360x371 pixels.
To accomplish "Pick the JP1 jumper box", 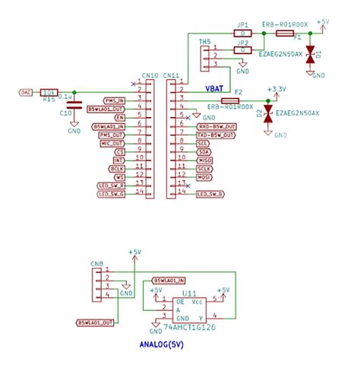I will [x=243, y=34].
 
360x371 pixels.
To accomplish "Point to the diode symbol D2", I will [x=268, y=113].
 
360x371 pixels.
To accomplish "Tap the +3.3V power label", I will [x=277, y=89].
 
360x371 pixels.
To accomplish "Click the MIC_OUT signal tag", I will [x=112, y=143].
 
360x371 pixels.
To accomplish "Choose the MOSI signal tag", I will [x=204, y=177].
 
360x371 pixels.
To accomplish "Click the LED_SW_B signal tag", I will [x=210, y=194].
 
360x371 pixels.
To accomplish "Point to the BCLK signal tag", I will [x=118, y=168].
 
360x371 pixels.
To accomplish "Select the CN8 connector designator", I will [x=96, y=265].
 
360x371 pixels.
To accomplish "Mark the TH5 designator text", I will [x=204, y=42].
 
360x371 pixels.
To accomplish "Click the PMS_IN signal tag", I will [x=115, y=100].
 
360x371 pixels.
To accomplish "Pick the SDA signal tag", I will [x=203, y=151].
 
